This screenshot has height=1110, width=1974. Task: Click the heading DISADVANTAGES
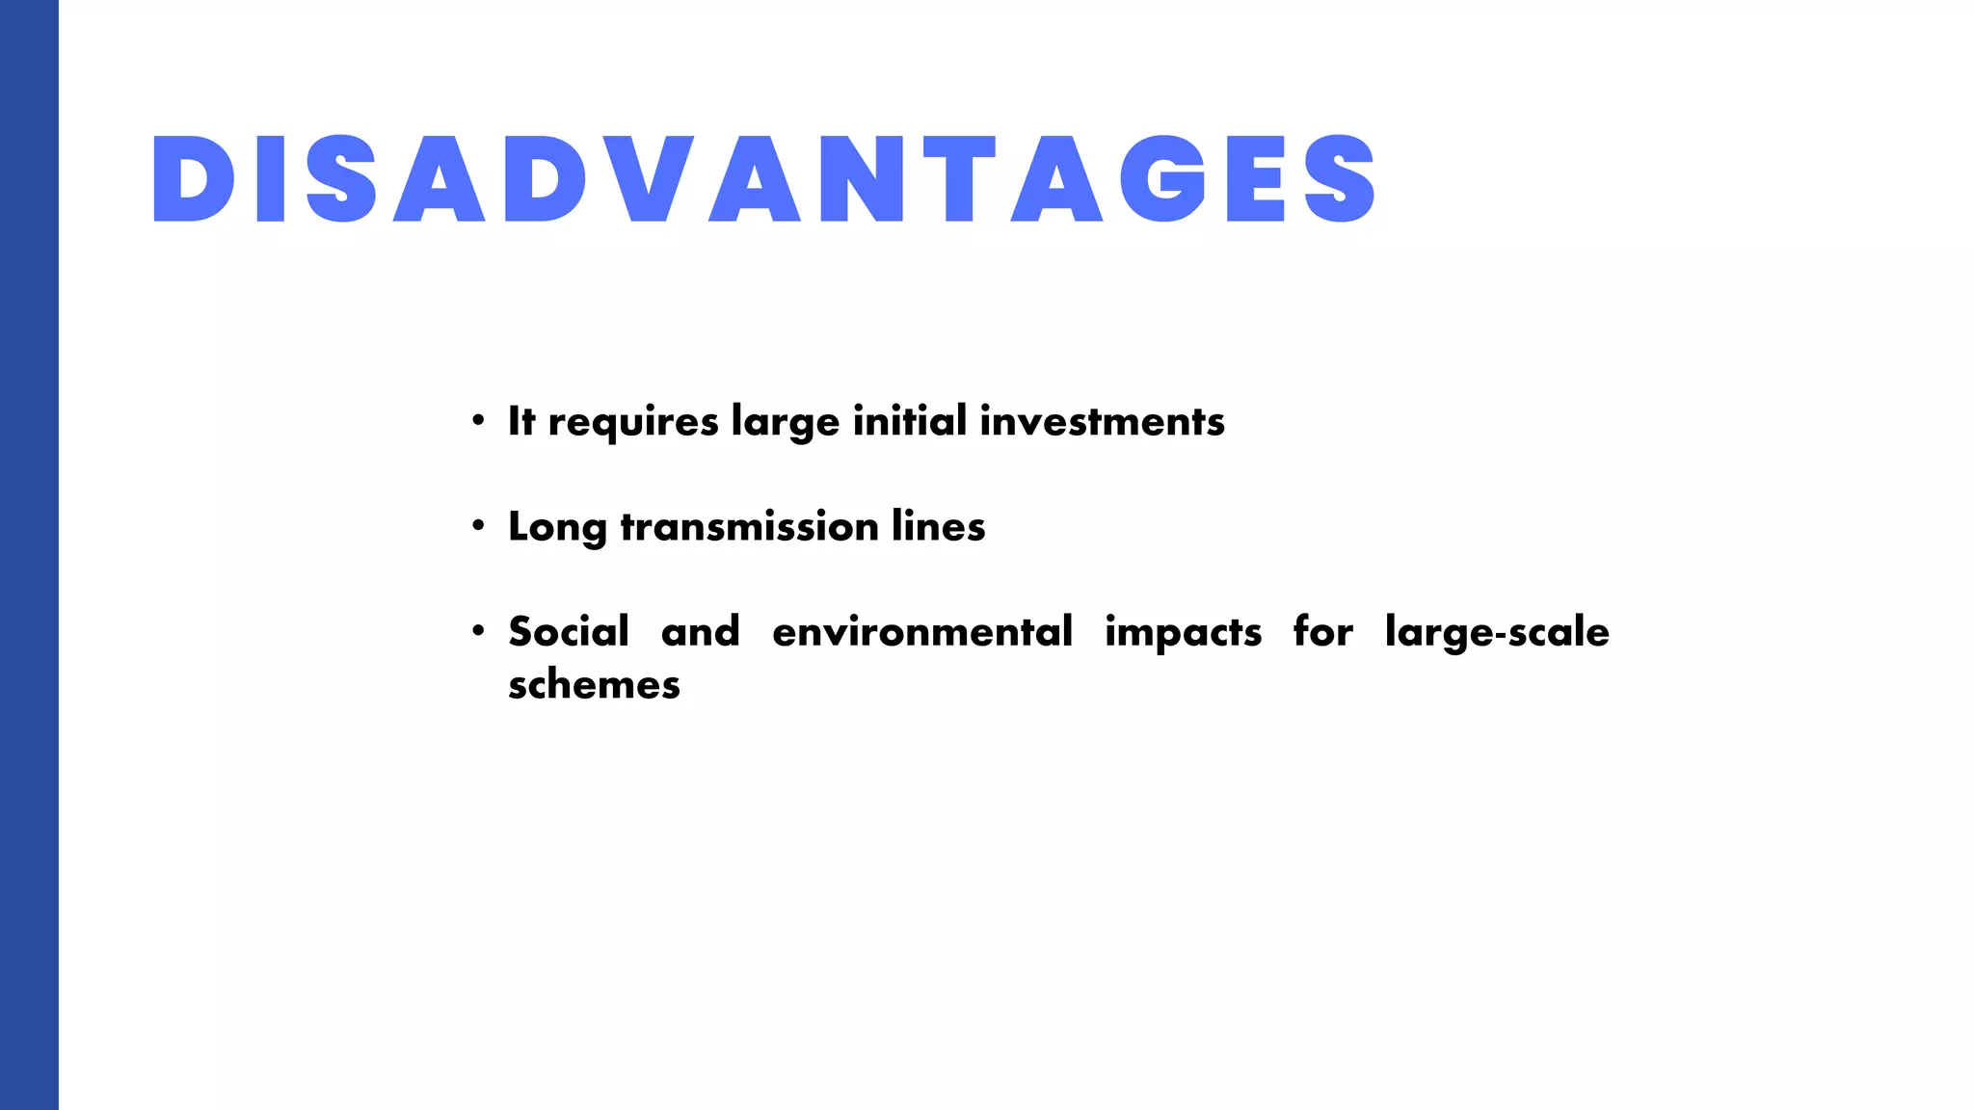pyautogui.click(x=764, y=179)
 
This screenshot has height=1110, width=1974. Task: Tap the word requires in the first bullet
pyautogui.click(x=633, y=423)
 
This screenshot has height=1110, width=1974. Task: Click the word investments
pyautogui.click(x=1102, y=421)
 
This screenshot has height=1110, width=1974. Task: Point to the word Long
pyautogui.click(x=557, y=528)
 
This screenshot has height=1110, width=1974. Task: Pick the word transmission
pyautogui.click(x=749, y=527)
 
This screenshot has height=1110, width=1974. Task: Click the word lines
pyautogui.click(x=938, y=527)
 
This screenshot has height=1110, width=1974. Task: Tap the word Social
pyautogui.click(x=569, y=632)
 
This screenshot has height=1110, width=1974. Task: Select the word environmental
pyautogui.click(x=921, y=632)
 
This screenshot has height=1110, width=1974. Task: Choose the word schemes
pyautogui.click(x=594, y=685)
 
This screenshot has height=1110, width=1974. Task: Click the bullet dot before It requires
pyautogui.click(x=478, y=421)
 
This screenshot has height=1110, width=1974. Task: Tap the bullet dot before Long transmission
pyautogui.click(x=478, y=526)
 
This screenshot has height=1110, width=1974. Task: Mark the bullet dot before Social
pyautogui.click(x=478, y=631)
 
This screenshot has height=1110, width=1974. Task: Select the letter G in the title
pyautogui.click(x=1163, y=179)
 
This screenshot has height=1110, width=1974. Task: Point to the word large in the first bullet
pyautogui.click(x=786, y=423)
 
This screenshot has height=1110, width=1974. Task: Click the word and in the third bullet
pyautogui.click(x=701, y=632)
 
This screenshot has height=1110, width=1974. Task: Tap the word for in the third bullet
pyautogui.click(x=1322, y=632)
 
